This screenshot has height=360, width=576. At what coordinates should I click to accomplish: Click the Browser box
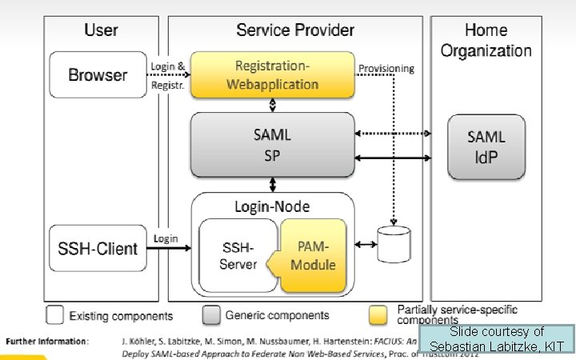[98, 75]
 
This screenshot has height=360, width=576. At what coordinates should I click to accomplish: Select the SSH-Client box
[98, 249]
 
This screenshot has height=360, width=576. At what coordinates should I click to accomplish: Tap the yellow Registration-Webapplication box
[272, 74]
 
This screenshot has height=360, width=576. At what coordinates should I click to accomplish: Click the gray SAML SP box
[272, 146]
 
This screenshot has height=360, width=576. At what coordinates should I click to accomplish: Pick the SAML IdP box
[486, 146]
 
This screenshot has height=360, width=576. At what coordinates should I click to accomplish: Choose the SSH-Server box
[238, 255]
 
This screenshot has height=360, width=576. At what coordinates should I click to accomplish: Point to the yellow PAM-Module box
[314, 255]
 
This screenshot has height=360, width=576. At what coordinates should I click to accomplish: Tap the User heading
[101, 30]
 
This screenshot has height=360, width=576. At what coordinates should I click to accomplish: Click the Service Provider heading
[295, 30]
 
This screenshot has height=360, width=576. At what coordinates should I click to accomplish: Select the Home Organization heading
[486, 40]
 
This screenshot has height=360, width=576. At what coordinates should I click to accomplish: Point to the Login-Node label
[272, 206]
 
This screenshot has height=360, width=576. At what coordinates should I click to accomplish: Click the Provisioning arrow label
[386, 69]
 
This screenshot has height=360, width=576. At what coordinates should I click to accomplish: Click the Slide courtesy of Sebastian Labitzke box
[497, 339]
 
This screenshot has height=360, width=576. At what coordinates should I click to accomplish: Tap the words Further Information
[47, 341]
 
